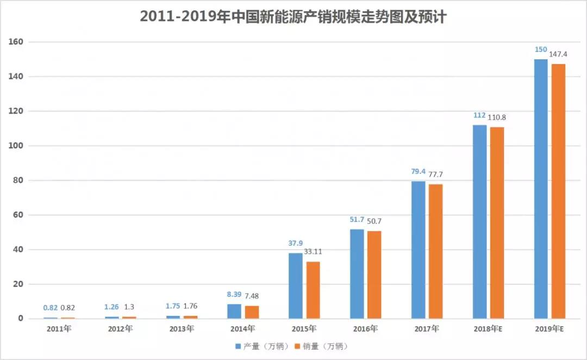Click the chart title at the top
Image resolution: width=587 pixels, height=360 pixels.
point(293,17)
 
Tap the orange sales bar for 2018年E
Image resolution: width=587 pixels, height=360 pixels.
point(497,222)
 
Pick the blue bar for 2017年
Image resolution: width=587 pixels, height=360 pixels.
point(418,250)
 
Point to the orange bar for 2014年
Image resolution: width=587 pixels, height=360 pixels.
point(252,312)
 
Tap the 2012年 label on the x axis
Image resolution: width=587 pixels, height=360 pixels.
point(120,329)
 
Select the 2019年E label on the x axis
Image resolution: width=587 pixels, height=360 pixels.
point(549,329)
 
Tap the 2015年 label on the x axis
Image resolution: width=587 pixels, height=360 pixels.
point(304,329)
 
